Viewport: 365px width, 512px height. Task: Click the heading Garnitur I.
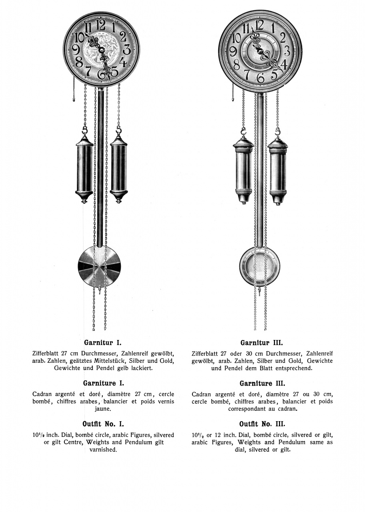click(102, 342)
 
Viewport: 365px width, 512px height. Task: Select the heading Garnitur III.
click(262, 342)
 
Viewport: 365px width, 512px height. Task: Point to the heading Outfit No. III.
click(262, 424)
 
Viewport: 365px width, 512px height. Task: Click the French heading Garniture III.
click(262, 383)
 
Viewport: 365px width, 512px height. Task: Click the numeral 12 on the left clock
click(101, 25)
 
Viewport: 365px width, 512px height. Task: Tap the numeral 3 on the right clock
click(287, 51)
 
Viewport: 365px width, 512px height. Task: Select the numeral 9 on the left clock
click(76, 50)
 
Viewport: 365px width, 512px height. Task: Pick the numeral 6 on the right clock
click(261, 78)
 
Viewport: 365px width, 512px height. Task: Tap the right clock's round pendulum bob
click(260, 266)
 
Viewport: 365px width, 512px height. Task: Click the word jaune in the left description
click(102, 409)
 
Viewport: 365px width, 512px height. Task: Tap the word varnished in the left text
click(103, 449)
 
